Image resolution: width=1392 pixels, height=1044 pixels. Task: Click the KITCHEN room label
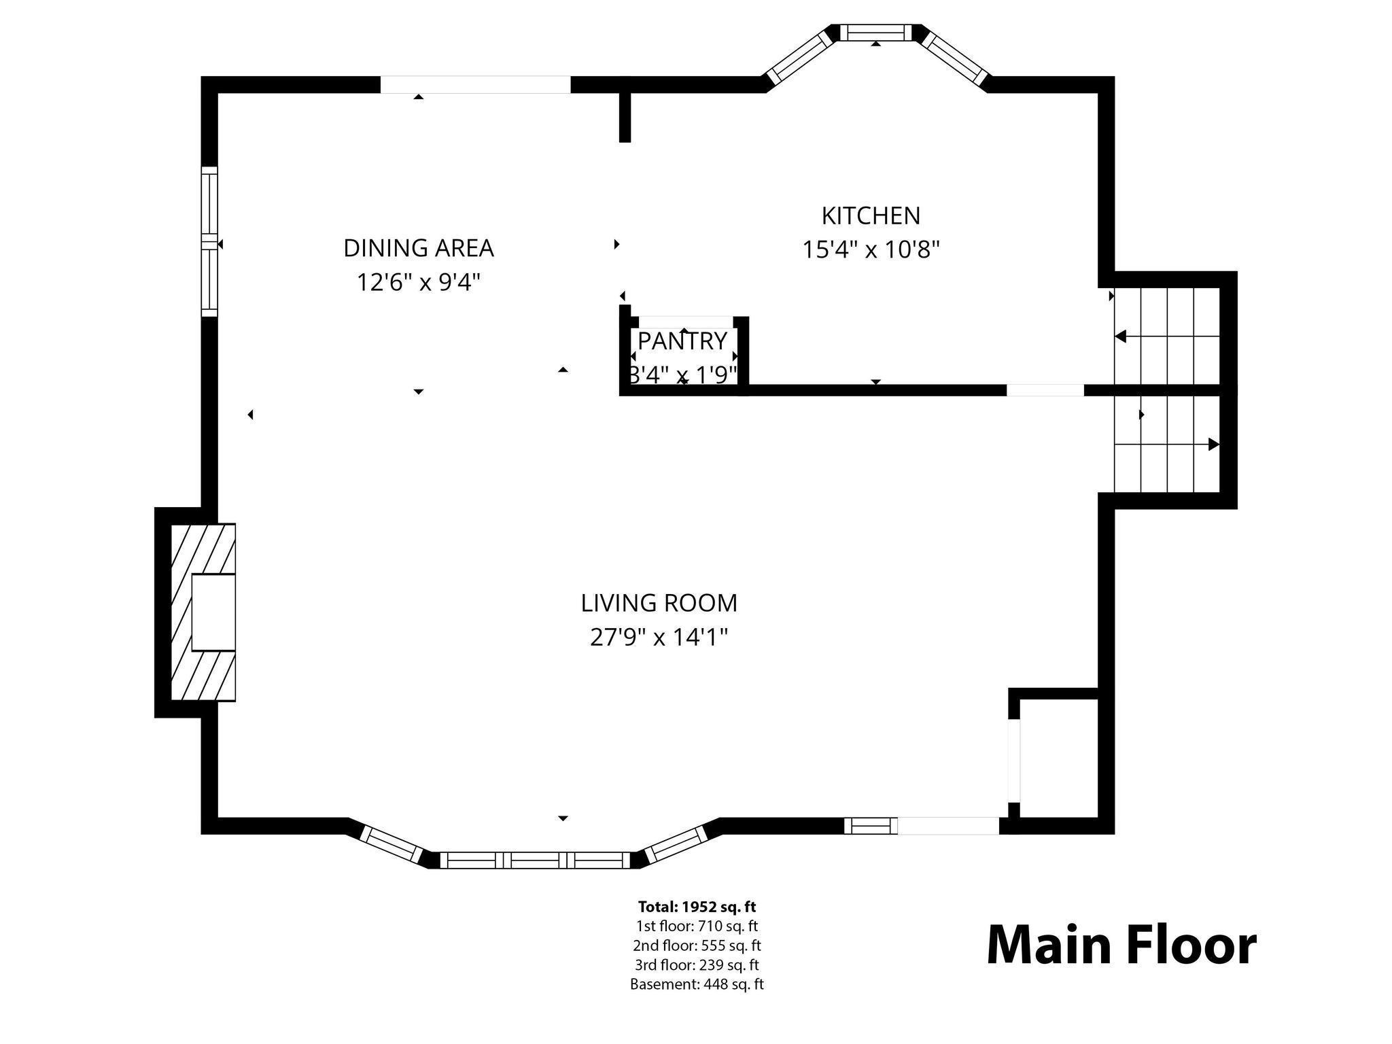(871, 216)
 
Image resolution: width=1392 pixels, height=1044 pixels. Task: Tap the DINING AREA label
(418, 248)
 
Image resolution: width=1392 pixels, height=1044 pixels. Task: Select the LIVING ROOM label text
(659, 603)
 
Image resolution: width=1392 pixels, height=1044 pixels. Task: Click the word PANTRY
(682, 341)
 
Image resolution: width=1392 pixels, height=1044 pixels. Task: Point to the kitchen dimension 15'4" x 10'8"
(871, 250)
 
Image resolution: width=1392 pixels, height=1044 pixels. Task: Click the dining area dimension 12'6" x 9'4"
(418, 281)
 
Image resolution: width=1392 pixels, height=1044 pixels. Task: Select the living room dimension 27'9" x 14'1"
(659, 638)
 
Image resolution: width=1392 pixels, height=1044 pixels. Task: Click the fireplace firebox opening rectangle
(213, 612)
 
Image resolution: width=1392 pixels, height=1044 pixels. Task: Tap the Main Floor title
(1121, 945)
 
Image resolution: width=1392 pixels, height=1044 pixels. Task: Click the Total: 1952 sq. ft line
(697, 907)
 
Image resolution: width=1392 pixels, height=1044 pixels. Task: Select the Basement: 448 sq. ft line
(697, 984)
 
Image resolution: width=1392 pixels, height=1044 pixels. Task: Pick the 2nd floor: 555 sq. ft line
(697, 945)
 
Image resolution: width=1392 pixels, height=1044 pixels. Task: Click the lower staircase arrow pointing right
(1213, 445)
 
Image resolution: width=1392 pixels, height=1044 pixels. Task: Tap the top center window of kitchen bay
(875, 32)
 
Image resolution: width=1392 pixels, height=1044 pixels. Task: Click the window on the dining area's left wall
(209, 241)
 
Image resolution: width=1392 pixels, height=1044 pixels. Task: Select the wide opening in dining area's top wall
(474, 84)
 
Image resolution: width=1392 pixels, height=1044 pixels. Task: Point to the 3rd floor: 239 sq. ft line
(697, 965)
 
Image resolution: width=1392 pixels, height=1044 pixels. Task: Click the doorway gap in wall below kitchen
(1045, 390)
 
